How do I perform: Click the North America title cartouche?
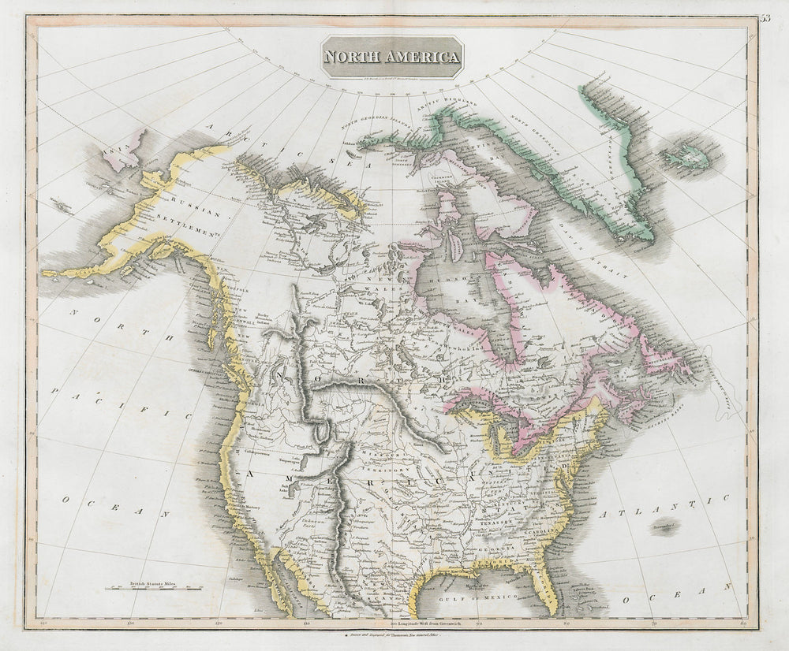coord(391,57)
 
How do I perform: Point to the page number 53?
coord(766,20)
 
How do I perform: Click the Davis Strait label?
coord(612,261)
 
